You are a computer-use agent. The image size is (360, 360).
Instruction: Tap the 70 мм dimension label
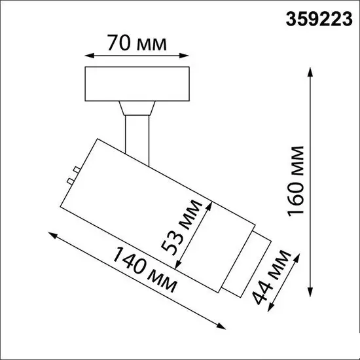(x=137, y=44)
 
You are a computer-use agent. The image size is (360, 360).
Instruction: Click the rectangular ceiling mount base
(x=137, y=84)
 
